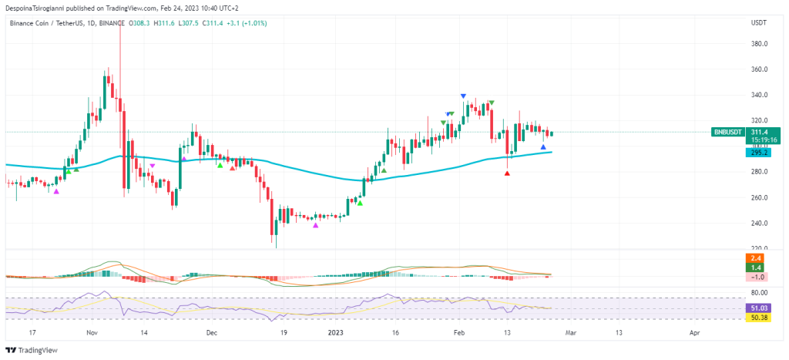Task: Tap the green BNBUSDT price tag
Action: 728,132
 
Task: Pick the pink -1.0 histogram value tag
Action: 758,276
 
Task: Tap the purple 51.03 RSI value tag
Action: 758,308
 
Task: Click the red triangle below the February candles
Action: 507,173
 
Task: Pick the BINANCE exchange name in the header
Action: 112,23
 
